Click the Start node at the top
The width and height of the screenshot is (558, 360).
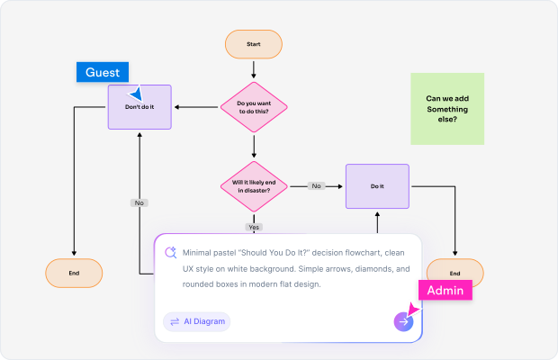254,44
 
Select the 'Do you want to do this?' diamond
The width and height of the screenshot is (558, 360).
254,108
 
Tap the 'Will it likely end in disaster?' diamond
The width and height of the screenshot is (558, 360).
254,186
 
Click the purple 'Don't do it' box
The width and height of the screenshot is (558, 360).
139,107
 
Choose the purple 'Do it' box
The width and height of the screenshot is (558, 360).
377,186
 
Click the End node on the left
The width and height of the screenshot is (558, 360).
74,274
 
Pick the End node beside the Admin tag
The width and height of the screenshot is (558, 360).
454,273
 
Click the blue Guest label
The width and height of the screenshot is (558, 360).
103,72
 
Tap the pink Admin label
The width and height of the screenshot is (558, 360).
445,290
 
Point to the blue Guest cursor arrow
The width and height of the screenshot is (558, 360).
137,93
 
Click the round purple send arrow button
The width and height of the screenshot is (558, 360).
403,321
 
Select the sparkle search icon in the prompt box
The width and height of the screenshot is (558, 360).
169,253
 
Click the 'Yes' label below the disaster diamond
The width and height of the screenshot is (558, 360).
254,227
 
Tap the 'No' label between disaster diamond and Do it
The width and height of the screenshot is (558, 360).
316,186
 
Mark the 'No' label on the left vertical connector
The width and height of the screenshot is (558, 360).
139,202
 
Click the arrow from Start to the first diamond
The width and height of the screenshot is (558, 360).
254,69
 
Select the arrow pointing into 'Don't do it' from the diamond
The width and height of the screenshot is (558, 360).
196,108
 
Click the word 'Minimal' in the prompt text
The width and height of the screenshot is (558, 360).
199,253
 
